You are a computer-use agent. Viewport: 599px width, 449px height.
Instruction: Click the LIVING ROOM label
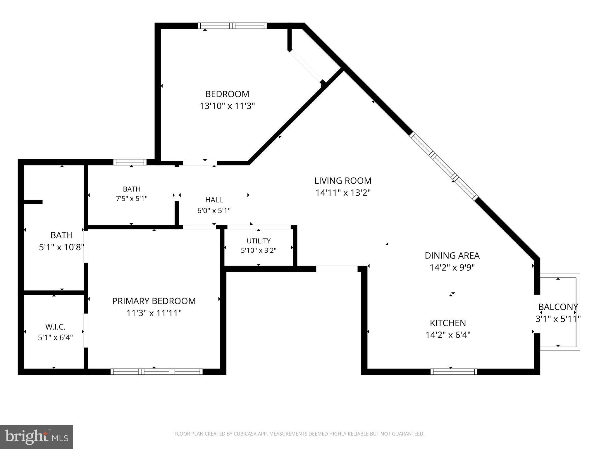(x=343, y=181)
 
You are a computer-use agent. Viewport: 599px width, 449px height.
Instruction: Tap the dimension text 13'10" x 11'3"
(x=227, y=106)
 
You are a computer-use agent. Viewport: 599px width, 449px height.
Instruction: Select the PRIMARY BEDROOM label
(x=154, y=301)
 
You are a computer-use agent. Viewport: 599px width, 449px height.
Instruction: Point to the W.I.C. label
(x=55, y=327)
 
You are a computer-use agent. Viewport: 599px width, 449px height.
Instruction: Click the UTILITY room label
(x=259, y=241)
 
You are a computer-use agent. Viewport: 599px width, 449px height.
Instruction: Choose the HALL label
(x=214, y=200)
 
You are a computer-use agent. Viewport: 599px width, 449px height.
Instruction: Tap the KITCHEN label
(x=448, y=323)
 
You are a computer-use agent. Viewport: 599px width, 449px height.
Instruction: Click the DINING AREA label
(x=452, y=255)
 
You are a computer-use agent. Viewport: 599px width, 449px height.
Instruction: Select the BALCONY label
(x=558, y=307)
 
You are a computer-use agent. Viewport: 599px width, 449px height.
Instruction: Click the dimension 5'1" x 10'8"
(x=62, y=247)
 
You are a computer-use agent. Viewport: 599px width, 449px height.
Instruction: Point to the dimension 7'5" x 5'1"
(x=132, y=199)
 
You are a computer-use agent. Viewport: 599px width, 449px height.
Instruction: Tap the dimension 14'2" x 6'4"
(x=448, y=335)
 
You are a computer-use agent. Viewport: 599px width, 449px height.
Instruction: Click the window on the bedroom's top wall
(x=232, y=26)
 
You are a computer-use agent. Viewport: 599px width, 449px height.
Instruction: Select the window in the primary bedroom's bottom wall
(x=156, y=372)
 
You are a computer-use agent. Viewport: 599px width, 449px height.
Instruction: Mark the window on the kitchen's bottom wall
(x=454, y=372)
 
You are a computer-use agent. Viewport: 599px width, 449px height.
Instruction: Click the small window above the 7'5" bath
(x=130, y=162)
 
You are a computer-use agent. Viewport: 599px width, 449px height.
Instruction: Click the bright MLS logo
(x=37, y=437)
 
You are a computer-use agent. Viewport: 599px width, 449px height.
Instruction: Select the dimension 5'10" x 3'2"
(x=259, y=251)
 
